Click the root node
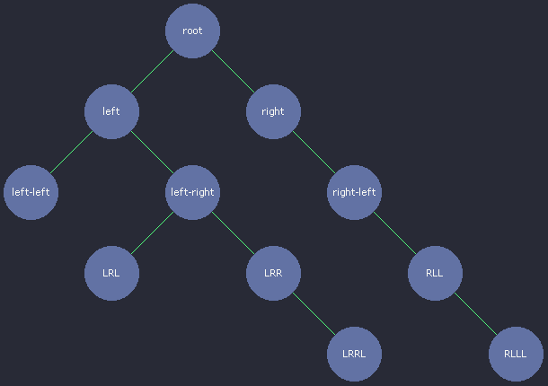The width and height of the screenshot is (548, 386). click(192, 31)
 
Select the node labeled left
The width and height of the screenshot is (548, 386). click(111, 111)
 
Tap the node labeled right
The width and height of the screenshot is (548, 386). click(273, 111)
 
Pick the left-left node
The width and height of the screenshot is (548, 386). click(31, 192)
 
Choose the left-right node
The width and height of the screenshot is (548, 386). click(192, 192)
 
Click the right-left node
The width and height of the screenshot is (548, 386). click(354, 192)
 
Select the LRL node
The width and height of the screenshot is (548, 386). click(111, 273)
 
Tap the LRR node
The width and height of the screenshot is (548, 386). click(273, 273)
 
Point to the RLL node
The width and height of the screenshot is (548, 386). click(435, 273)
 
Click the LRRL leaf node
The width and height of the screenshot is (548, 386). click(354, 354)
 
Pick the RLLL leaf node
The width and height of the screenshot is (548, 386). click(516, 354)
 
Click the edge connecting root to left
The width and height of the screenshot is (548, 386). click(152, 71)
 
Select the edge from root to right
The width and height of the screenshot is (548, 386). click(233, 71)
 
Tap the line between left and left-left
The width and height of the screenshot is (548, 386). click(71, 152)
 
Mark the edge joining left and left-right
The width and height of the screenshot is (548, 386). click(152, 152)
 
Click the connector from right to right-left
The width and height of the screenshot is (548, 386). click(314, 152)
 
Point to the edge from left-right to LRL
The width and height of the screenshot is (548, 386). click(152, 232)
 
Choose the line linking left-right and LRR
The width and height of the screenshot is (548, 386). click(233, 232)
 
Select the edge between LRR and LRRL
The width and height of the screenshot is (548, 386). click(314, 313)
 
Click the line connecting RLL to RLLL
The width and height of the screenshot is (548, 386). click(475, 313)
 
